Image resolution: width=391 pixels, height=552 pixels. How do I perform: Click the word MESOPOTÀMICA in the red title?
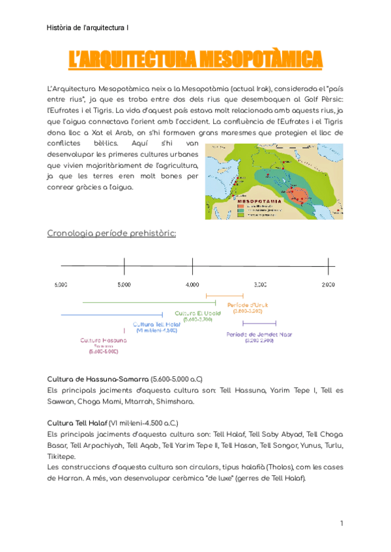pyautogui.click(x=261, y=60)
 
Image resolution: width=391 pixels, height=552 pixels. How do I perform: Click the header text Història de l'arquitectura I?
pyautogui.click(x=88, y=28)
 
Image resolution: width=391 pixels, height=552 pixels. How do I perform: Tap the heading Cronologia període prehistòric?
pyautogui.click(x=111, y=233)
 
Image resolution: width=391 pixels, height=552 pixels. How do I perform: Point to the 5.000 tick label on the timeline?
pyautogui.click(x=124, y=285)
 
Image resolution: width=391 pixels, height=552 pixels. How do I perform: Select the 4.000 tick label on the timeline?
pyautogui.click(x=192, y=285)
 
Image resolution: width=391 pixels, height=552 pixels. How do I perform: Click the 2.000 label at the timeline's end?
pyautogui.click(x=328, y=285)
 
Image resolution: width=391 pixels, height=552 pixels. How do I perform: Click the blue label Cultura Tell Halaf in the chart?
pyautogui.click(x=156, y=324)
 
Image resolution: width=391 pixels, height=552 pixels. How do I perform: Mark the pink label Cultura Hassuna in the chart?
pyautogui.click(x=104, y=340)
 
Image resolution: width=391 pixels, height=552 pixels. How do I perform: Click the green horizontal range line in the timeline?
pyautogui.click(x=143, y=303)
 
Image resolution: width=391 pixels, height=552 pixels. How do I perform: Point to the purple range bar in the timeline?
pyautogui.click(x=263, y=324)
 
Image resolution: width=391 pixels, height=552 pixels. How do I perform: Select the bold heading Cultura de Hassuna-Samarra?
pyautogui.click(x=98, y=379)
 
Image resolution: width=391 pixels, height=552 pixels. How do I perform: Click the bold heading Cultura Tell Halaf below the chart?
pyautogui.click(x=77, y=422)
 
